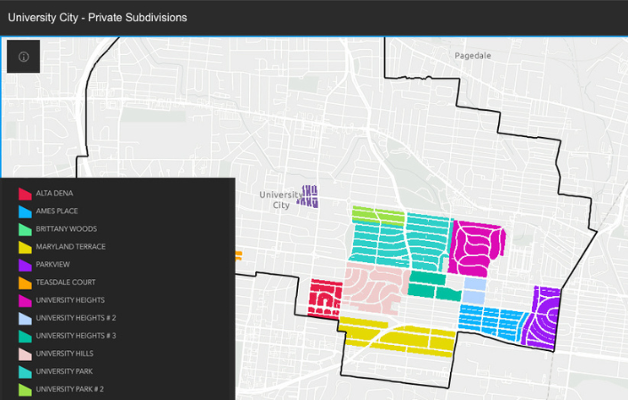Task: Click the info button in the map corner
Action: pos(23,56)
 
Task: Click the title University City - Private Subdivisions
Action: pos(97,17)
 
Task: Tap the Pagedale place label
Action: pos(472,55)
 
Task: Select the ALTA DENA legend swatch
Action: pos(25,194)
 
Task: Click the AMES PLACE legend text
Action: pos(57,212)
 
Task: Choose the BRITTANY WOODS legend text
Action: pos(67,229)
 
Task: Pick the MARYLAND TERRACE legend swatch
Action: pos(25,247)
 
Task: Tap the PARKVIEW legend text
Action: pos(52,265)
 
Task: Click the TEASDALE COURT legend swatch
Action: pos(25,283)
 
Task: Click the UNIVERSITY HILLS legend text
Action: pos(65,354)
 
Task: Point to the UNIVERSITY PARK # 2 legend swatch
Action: pos(25,389)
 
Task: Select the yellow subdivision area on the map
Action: pos(400,336)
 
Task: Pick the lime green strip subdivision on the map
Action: pos(378,213)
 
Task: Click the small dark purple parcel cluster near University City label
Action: pos(308,196)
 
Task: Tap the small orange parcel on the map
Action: pos(238,256)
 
